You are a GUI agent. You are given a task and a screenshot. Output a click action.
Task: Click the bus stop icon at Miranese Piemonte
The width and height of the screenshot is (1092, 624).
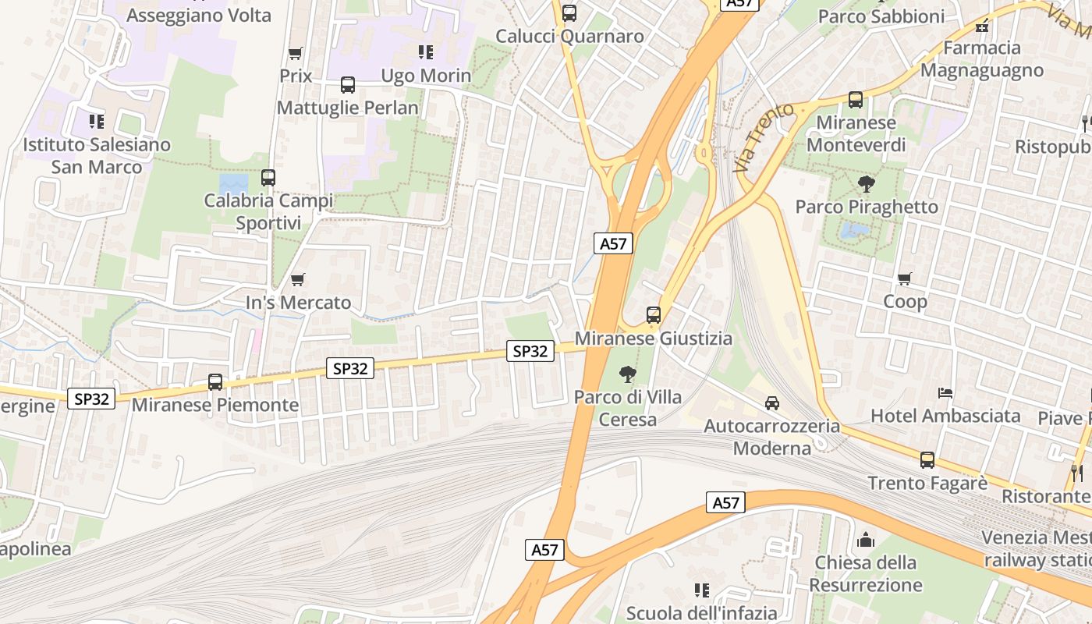pos(215,382)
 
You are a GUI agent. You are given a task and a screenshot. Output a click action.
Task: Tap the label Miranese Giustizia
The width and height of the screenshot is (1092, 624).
pos(654,339)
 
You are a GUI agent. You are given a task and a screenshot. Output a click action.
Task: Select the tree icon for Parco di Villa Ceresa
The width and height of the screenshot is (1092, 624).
pos(627,374)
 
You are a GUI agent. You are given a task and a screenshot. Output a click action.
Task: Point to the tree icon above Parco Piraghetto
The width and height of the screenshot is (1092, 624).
pos(866,184)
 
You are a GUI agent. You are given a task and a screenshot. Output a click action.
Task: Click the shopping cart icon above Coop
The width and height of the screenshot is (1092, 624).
pos(905,278)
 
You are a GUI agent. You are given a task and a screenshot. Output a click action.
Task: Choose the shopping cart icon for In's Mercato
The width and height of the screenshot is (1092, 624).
pos(297,279)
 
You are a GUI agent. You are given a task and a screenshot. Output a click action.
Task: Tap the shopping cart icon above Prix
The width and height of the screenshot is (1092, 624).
pos(296,53)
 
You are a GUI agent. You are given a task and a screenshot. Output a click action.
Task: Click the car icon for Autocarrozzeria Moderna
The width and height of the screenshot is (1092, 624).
pos(772,402)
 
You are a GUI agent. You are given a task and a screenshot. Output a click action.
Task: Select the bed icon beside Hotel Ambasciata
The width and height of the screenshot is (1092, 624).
pos(945,392)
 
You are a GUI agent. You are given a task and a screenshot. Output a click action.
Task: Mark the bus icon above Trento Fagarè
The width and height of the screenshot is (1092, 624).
pos(927,460)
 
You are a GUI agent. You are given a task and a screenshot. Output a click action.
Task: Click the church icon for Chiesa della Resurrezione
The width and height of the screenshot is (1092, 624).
pos(866,540)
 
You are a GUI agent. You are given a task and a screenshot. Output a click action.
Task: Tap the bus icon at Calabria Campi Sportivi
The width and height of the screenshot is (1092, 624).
pos(268,178)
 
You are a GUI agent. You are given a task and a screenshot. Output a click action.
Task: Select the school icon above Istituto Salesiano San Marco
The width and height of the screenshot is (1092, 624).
pos(97,121)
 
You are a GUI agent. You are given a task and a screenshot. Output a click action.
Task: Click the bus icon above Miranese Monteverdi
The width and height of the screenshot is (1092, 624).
pos(856,100)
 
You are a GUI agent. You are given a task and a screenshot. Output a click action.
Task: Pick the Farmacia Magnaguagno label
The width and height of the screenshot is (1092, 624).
pos(982,59)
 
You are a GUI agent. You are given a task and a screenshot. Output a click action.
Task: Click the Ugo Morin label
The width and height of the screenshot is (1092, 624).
pos(426,76)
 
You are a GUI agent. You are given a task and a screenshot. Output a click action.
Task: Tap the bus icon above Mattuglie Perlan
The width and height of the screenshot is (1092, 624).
pos(348,85)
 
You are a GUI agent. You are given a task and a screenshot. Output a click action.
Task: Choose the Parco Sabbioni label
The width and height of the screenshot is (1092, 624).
pos(881,16)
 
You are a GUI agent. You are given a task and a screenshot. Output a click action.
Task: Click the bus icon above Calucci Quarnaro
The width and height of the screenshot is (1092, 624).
pos(569,13)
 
